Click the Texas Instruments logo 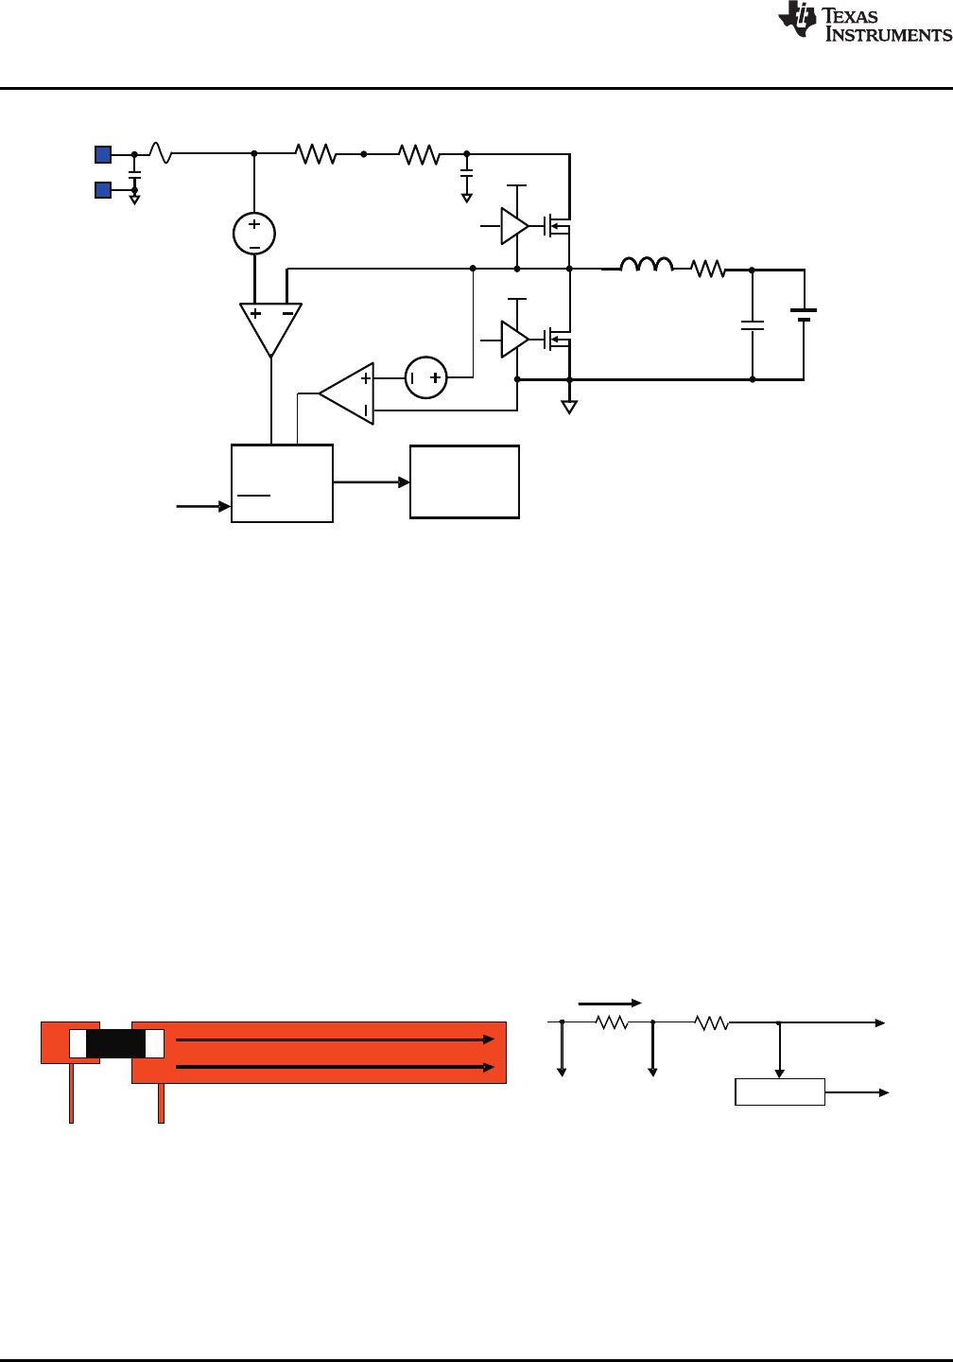pos(864,23)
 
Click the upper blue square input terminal pos(103,154)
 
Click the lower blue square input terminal pos(103,190)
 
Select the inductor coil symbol pos(647,265)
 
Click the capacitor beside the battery pos(753,325)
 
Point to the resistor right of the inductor pos(708,270)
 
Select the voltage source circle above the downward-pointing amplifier pos(254,234)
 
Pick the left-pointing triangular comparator pos(348,393)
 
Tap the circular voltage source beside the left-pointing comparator pos(425,377)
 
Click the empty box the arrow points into pos(464,481)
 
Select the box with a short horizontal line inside pos(282,483)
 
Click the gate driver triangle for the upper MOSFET pos(513,226)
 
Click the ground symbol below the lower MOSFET pos(569,407)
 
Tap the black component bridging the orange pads pos(115,1043)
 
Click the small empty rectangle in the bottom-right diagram pos(780,1091)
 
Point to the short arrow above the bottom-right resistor pos(610,1003)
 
